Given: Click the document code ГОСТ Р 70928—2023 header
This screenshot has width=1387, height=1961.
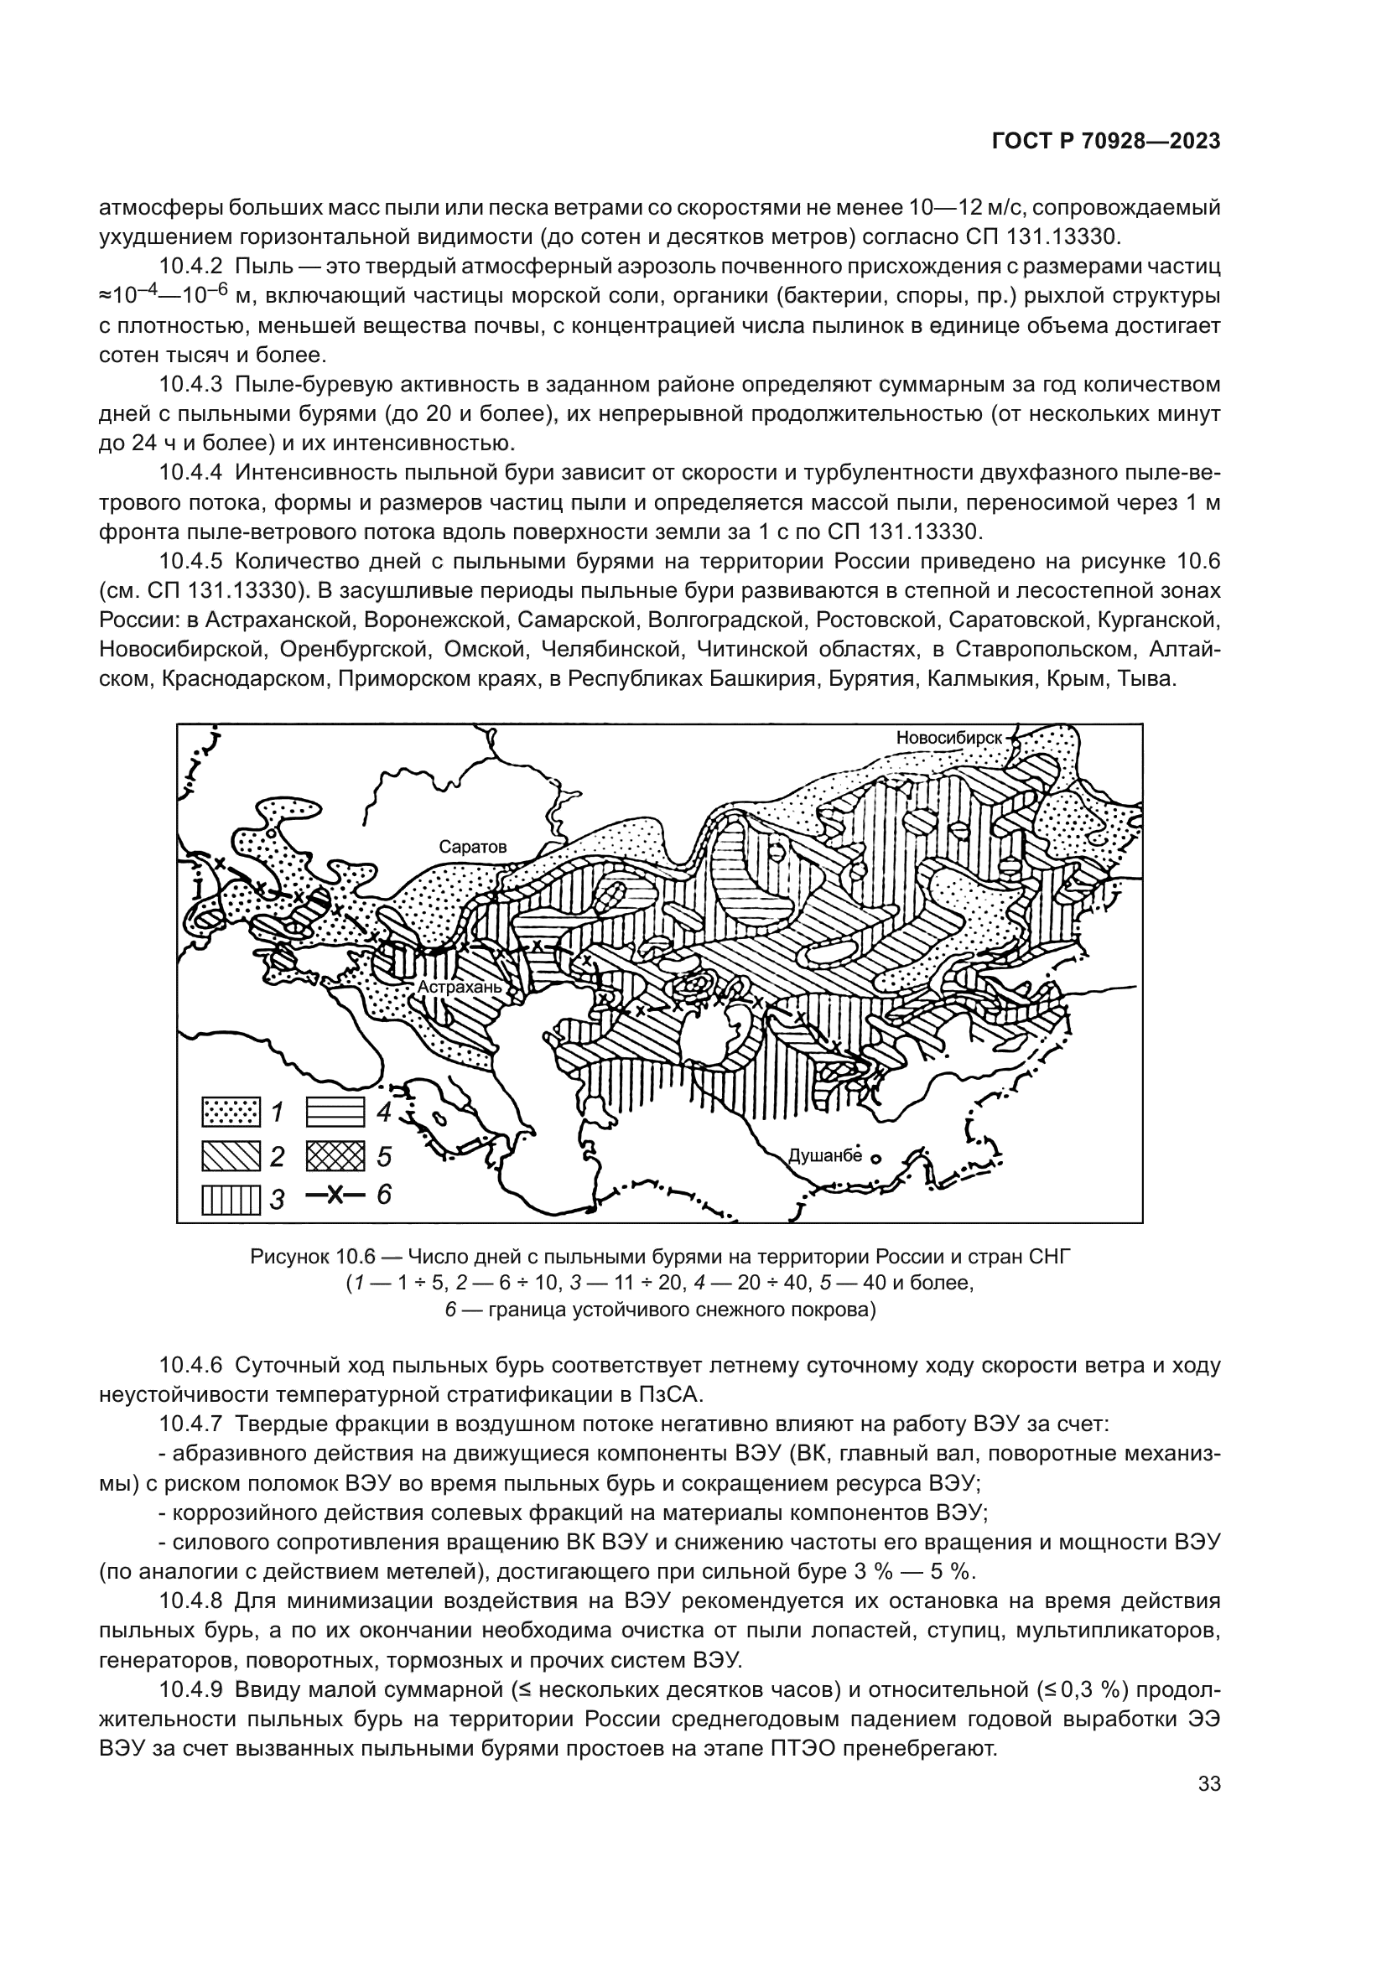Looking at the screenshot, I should (x=1105, y=142).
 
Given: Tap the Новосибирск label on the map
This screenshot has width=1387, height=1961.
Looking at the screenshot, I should (x=949, y=737).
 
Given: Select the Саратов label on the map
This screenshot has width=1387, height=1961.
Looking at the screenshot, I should (x=472, y=848).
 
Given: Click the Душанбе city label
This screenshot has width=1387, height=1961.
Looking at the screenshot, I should (x=824, y=1156).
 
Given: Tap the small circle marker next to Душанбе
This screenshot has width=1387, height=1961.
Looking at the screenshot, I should (x=875, y=1159).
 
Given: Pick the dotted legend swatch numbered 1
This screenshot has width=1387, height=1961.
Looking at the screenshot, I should (x=230, y=1112).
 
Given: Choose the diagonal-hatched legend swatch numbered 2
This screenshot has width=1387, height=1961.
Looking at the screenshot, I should (x=230, y=1156).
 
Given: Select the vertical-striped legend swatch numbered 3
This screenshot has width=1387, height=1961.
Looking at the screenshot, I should (x=230, y=1199).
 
